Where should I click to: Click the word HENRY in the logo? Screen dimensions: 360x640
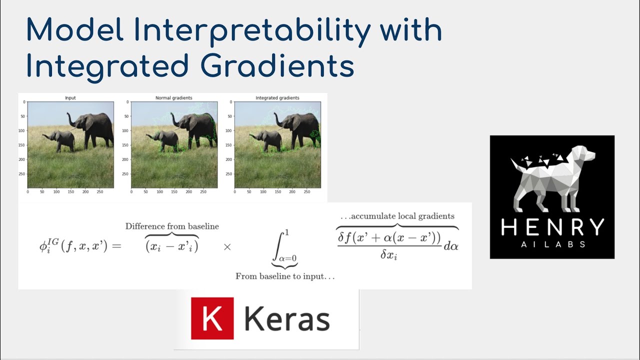[x=552, y=228]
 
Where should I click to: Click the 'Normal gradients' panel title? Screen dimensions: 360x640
[x=174, y=98]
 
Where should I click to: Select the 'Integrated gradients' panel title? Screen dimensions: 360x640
[x=277, y=98]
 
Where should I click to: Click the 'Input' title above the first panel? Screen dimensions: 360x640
[x=70, y=98]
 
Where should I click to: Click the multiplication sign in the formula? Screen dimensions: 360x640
[x=227, y=247]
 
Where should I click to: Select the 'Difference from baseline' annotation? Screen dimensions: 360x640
[x=172, y=226]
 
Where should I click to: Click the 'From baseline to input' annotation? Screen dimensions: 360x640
[x=285, y=276]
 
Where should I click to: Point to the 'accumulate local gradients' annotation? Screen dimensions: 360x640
[x=397, y=216]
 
